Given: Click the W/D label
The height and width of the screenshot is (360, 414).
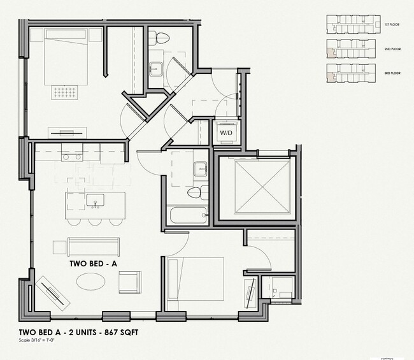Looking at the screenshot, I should (x=225, y=133).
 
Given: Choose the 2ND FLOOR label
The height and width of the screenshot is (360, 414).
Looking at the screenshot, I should (x=391, y=48).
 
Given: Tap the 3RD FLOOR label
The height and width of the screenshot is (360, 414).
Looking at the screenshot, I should (x=391, y=73).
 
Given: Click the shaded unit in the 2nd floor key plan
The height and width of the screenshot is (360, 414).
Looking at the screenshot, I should (x=330, y=45).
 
